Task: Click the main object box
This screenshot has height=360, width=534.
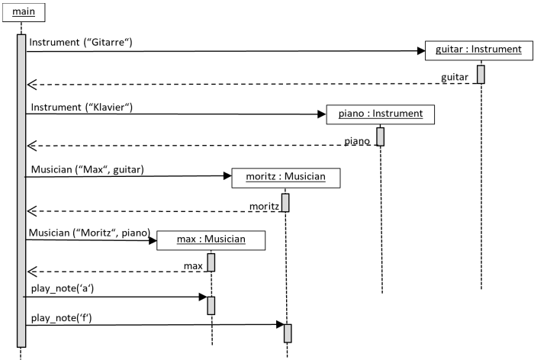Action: coord(24,13)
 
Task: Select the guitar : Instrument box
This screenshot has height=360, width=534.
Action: coord(479,50)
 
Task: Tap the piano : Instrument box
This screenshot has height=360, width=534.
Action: coord(381,114)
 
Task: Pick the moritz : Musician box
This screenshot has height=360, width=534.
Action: coord(286,178)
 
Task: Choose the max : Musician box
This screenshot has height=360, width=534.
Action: coord(211,240)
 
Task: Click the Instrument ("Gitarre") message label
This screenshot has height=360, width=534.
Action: coord(81,42)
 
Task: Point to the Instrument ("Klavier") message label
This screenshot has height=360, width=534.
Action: coord(82,108)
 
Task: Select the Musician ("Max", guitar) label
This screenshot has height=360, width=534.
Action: coord(88,169)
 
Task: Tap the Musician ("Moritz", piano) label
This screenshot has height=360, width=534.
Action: coord(89,233)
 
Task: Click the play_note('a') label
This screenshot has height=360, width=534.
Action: coord(63,289)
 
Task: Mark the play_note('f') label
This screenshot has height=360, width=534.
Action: coord(62,318)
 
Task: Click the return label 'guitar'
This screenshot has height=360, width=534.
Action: coord(455,78)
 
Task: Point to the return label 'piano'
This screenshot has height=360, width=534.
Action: coord(357,141)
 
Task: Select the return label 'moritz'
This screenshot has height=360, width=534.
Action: coord(264,207)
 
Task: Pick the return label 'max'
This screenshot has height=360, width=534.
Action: coord(193,266)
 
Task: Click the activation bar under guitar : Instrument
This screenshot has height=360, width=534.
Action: coord(481,74)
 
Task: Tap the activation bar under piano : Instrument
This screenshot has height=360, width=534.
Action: coord(381,137)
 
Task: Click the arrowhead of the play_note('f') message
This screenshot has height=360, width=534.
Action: coord(280,325)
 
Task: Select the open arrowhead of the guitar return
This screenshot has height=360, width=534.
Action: coord(32,85)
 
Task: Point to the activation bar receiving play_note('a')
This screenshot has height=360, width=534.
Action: coord(211,306)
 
